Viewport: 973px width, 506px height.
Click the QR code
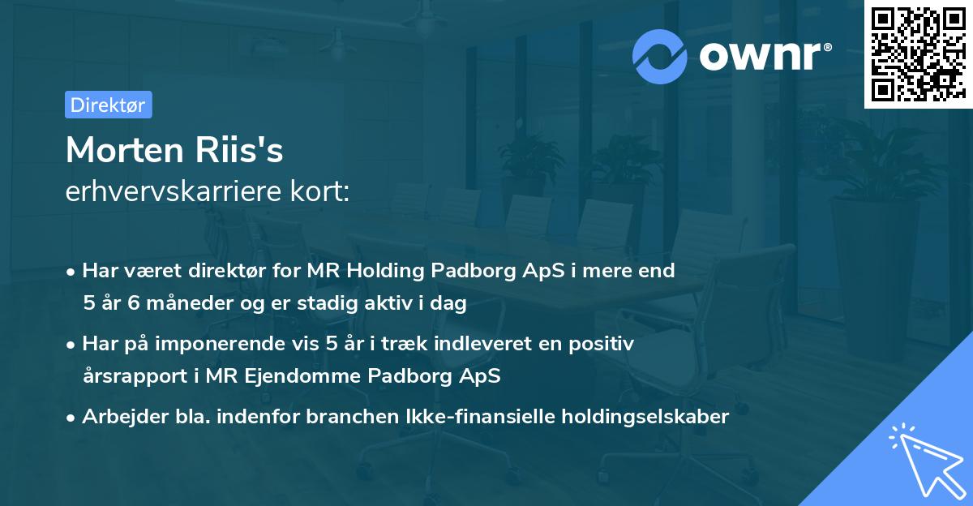coord(918,54)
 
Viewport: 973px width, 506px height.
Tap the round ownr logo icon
coord(660,56)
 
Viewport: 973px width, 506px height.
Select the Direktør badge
coord(108,105)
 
